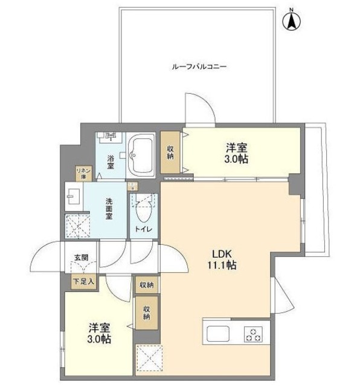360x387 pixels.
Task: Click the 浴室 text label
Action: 111,162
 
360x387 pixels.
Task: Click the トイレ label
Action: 143,229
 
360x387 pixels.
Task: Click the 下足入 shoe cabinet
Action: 83,282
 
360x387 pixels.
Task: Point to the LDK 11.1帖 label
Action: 222,259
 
